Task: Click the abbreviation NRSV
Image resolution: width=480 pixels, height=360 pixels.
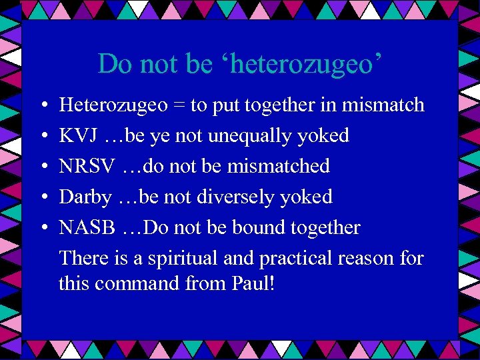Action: click(89, 166)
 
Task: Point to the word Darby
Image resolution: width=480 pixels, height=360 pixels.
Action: click(85, 197)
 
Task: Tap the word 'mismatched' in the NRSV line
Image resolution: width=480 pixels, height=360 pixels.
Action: click(279, 166)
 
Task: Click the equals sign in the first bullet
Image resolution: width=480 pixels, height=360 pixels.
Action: click(180, 105)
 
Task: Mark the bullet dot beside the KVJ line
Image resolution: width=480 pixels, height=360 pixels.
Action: click(41, 136)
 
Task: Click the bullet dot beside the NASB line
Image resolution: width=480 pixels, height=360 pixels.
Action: click(41, 228)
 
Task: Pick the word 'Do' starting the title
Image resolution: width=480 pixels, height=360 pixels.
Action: click(113, 64)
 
